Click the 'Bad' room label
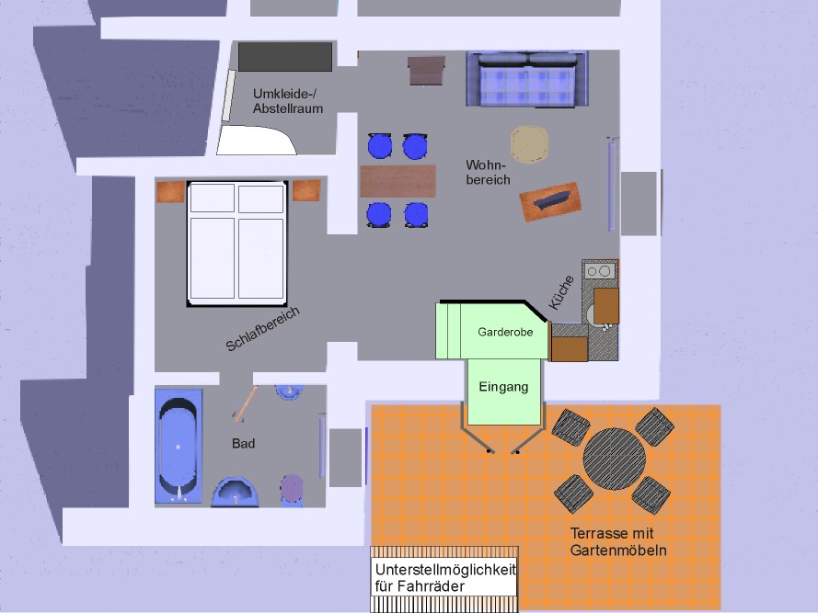[x=243, y=444]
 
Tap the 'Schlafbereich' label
[x=263, y=330]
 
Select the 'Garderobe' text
[x=505, y=332]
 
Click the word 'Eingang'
[x=503, y=387]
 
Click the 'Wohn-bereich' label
[x=488, y=172]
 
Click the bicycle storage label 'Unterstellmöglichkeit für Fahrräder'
[x=445, y=578]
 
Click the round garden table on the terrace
[x=614, y=460]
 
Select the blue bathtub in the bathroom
[x=179, y=446]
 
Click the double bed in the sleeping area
[x=236, y=244]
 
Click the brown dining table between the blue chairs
[x=397, y=181]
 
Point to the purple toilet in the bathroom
[x=292, y=488]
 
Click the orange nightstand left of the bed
[x=170, y=192]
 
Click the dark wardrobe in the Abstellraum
[x=284, y=57]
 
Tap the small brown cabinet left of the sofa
[x=426, y=70]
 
